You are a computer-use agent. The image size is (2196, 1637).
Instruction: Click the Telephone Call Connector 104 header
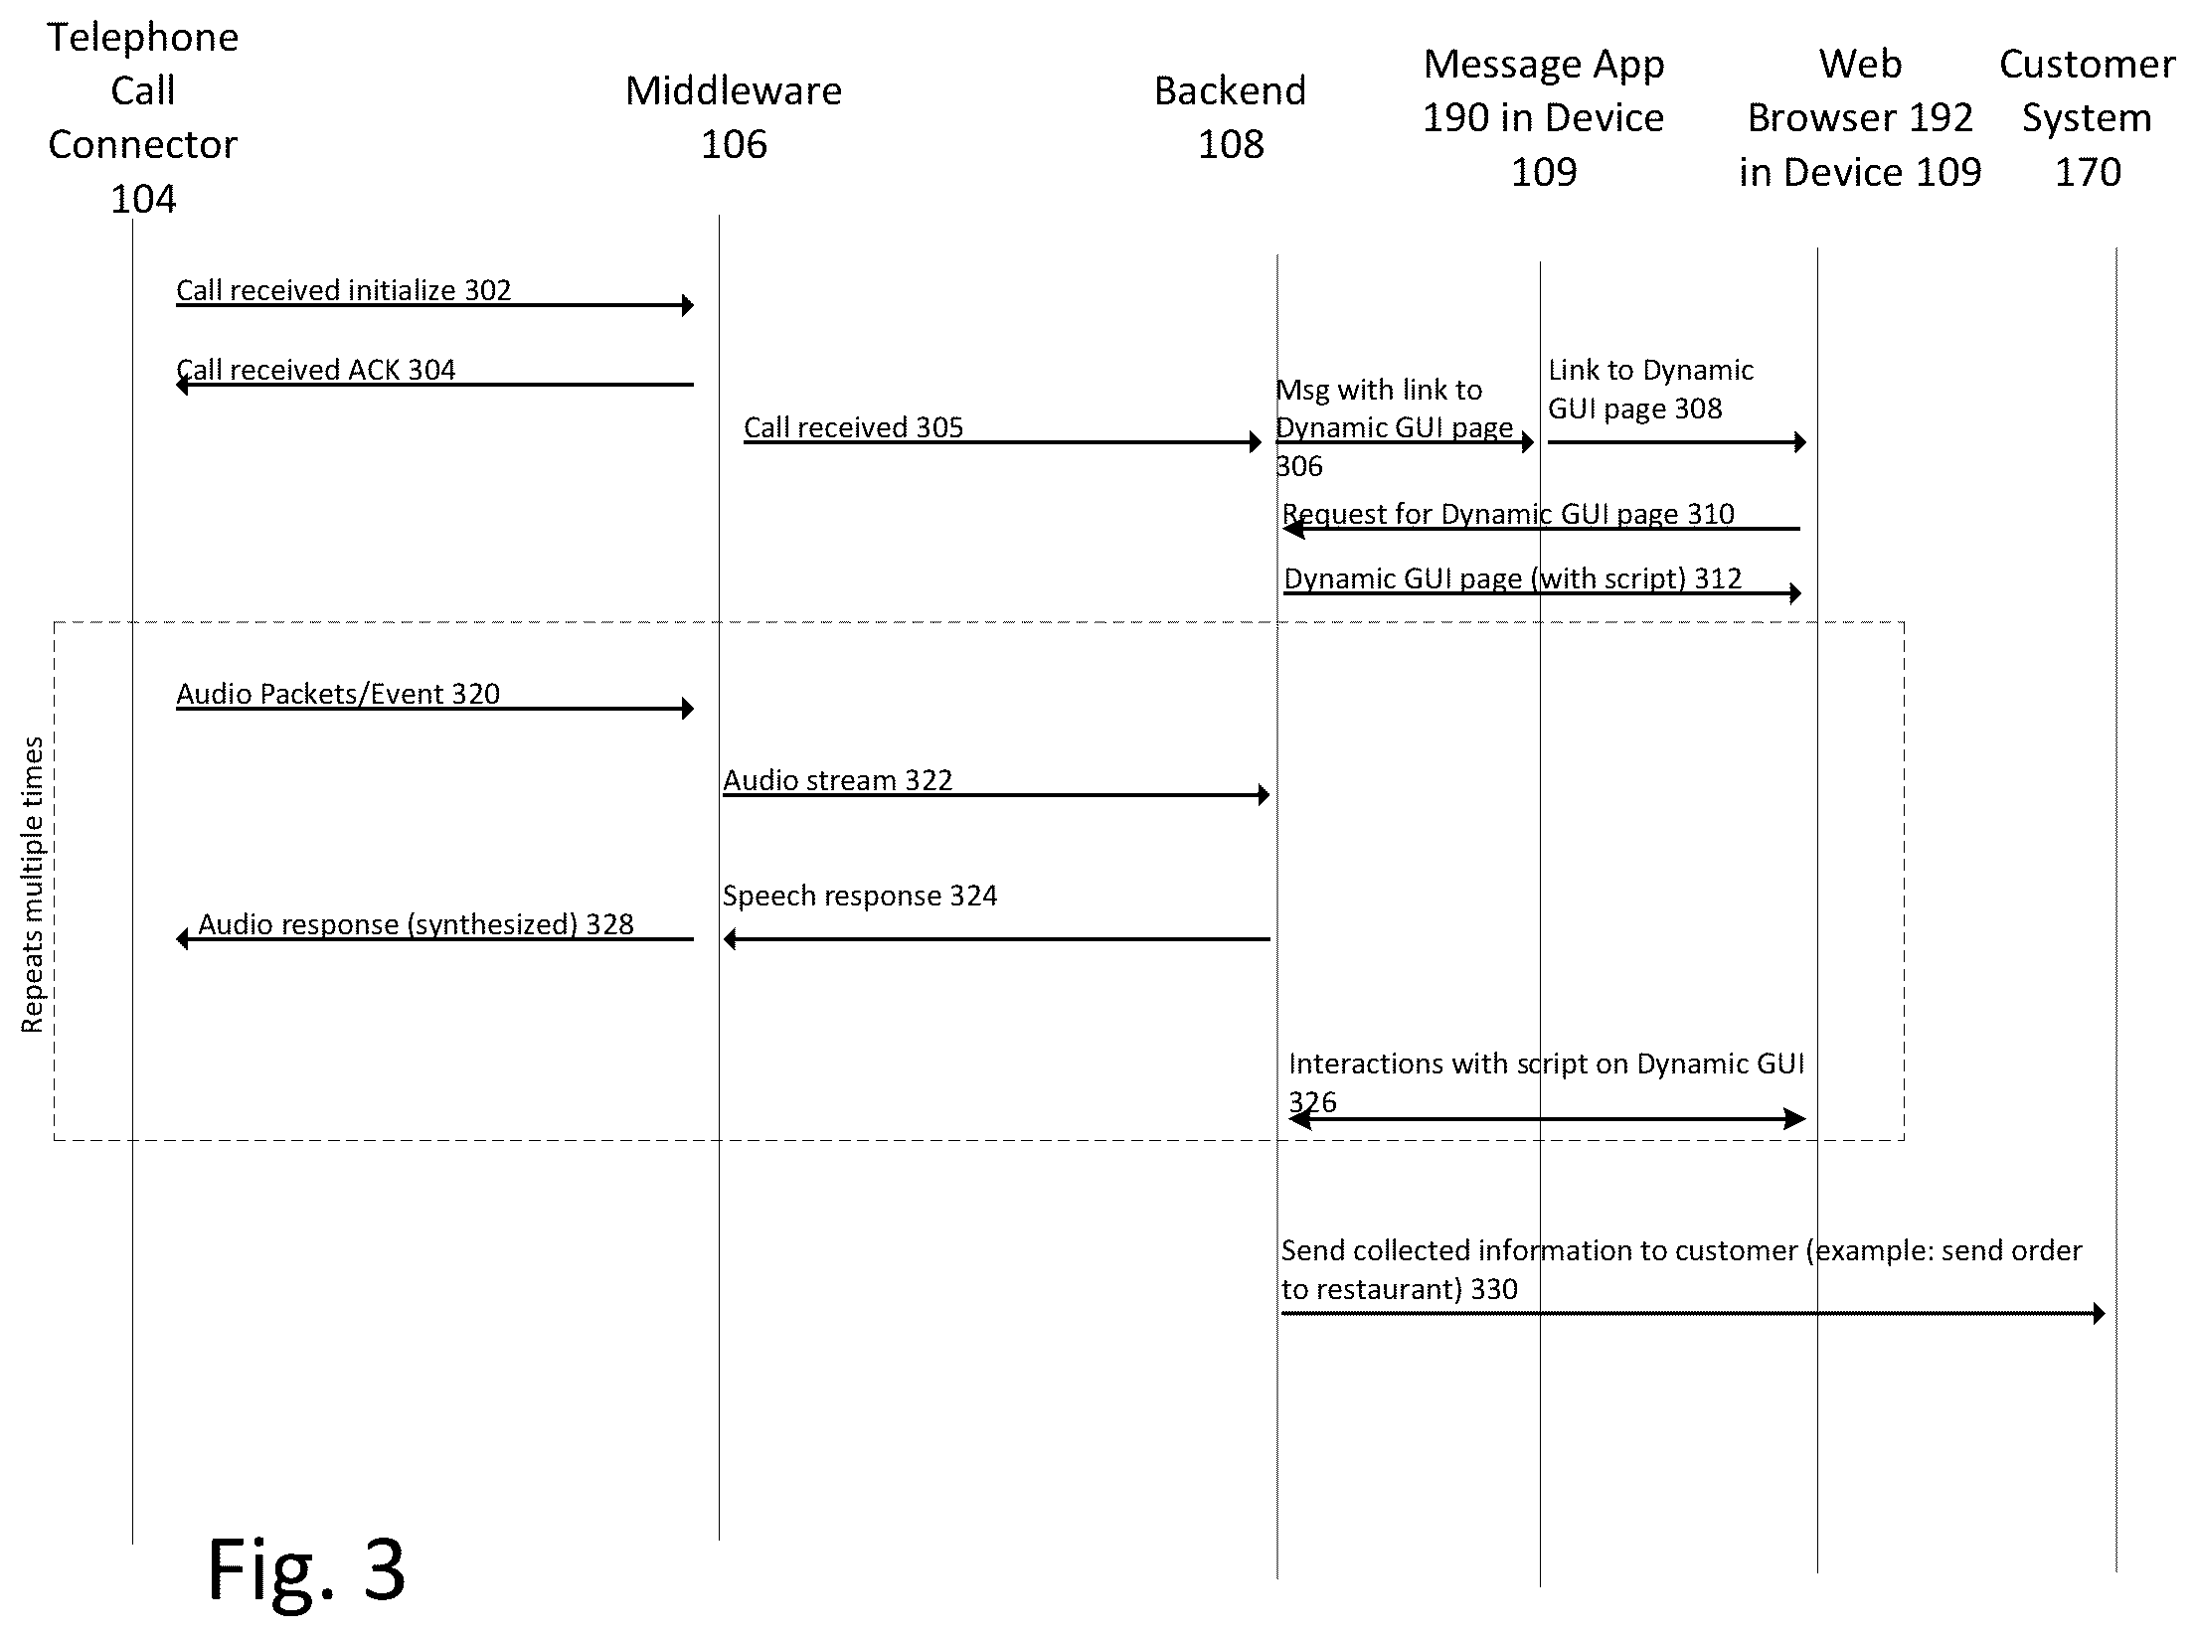pyautogui.click(x=143, y=117)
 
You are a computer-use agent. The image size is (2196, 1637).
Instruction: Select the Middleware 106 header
pyautogui.click(x=734, y=117)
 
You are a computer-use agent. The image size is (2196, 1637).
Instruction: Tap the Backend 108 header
pyautogui.click(x=1230, y=117)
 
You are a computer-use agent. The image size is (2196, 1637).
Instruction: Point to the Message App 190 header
pyautogui.click(x=1544, y=117)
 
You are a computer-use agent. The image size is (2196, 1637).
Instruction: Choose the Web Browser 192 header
pyautogui.click(x=1860, y=117)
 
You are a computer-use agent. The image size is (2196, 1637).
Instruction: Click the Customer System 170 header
pyautogui.click(x=2088, y=117)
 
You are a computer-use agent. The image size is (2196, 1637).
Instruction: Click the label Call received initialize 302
pyautogui.click(x=344, y=290)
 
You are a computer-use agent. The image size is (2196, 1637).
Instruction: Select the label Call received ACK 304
pyautogui.click(x=316, y=370)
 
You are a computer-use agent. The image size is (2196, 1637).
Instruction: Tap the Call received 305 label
pyautogui.click(x=854, y=427)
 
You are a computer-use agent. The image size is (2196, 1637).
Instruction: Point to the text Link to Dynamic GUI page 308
pyautogui.click(x=1650, y=389)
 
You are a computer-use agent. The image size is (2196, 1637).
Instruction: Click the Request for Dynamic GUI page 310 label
pyautogui.click(x=1508, y=514)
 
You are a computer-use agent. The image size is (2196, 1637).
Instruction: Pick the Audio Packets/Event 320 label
pyautogui.click(x=338, y=694)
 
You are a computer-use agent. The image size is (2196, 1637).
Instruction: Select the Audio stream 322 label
pyautogui.click(x=838, y=780)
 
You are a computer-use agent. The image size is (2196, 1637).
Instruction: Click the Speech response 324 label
pyautogui.click(x=860, y=896)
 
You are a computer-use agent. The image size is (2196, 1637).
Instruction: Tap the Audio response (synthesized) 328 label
pyautogui.click(x=416, y=924)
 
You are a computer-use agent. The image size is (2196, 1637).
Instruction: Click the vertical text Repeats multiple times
pyautogui.click(x=33, y=885)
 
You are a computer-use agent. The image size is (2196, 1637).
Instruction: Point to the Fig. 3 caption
pyautogui.click(x=306, y=1568)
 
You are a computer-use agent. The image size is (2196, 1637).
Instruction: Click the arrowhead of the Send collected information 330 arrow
pyautogui.click(x=2099, y=1314)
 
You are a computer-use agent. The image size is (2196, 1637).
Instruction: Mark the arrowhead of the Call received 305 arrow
pyautogui.click(x=1256, y=442)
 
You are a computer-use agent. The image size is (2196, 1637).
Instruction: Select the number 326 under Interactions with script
pyautogui.click(x=1312, y=1102)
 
